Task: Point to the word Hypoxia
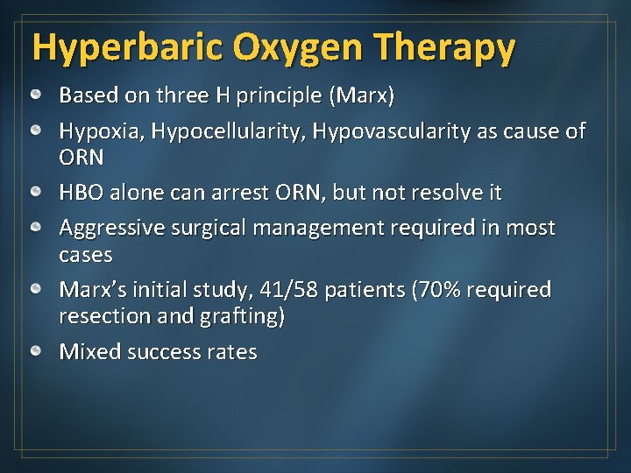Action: coord(101,131)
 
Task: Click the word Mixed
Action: coord(89,352)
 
